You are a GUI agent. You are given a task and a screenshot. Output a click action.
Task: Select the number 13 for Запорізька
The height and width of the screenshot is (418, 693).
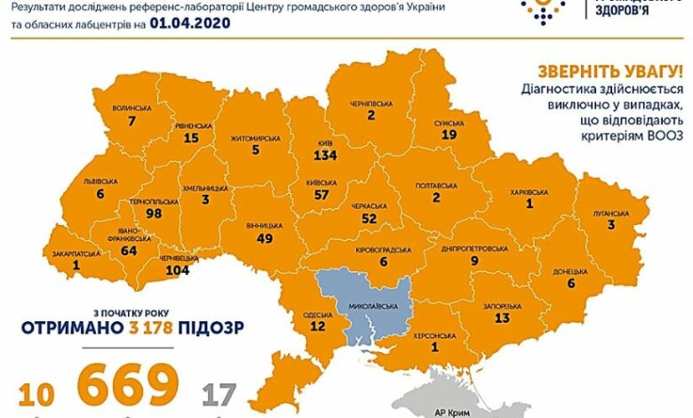point(502,318)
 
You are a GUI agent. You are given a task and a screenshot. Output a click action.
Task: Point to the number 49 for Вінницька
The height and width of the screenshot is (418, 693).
point(264,237)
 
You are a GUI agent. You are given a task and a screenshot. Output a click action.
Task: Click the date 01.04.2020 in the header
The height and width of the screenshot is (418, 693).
point(191,25)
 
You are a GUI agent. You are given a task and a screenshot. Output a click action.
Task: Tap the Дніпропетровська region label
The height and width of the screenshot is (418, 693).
point(475,248)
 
